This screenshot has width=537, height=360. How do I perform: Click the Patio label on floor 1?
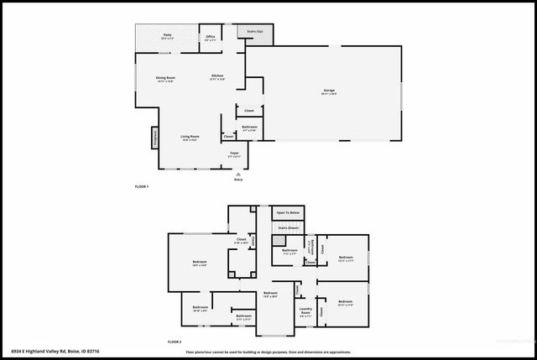click(167, 36)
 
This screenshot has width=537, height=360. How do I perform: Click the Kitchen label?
click(217, 76)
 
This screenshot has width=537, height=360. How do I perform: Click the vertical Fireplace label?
click(154, 136)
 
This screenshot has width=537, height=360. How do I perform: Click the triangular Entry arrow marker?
click(237, 173)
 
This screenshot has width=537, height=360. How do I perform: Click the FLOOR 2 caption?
click(174, 342)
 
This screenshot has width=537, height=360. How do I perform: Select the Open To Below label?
click(287, 213)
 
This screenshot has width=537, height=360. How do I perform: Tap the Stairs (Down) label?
click(288, 227)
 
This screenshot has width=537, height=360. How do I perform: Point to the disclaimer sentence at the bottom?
click(268, 352)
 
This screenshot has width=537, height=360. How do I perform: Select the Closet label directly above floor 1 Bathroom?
click(249, 111)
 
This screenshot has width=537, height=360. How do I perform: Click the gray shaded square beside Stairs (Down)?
click(277, 241)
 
